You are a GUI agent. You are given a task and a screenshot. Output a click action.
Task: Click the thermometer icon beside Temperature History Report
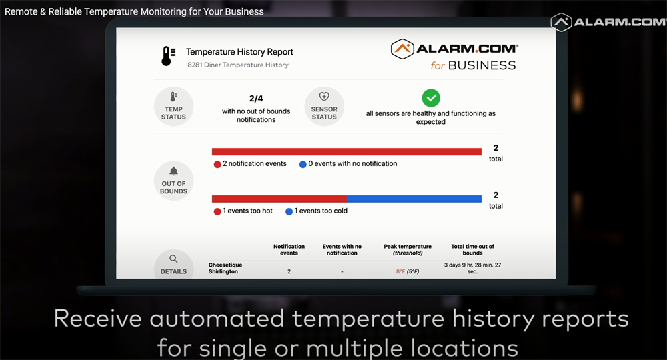tap(168, 56)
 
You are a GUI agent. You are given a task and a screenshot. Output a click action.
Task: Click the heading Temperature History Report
tap(239, 52)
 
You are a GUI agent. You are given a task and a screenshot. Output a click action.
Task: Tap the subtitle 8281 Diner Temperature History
tap(238, 65)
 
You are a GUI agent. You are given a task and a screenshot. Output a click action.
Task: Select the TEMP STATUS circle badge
tap(173, 106)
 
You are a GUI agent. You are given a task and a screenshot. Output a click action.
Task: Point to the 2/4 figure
tap(256, 99)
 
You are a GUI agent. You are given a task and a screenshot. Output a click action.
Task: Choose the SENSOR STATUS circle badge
tap(324, 106)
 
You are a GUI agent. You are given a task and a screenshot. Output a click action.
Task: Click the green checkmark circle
tap(431, 98)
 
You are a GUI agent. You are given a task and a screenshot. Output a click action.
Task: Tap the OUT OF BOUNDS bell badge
tap(173, 181)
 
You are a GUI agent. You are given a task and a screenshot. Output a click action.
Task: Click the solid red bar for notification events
tap(347, 152)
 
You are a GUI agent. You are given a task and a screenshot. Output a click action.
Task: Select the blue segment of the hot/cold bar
tap(414, 199)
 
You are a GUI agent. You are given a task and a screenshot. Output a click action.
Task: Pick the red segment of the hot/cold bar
tap(279, 199)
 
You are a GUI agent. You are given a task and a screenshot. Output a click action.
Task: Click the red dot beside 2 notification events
tap(217, 165)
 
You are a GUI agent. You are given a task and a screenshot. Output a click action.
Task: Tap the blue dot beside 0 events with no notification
tap(303, 165)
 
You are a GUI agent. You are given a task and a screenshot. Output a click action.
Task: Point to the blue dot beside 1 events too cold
tap(289, 211)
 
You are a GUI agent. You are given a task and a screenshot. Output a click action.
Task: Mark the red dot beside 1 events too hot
tap(217, 211)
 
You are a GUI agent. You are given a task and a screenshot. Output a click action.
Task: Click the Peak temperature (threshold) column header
tap(408, 249)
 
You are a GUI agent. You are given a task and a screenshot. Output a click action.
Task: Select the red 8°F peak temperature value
tap(400, 271)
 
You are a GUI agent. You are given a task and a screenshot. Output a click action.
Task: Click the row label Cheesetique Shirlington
tap(225, 268)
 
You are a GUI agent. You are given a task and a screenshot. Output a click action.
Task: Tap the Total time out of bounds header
tap(473, 249)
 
